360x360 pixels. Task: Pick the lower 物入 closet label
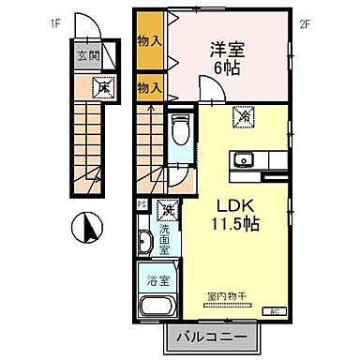[149, 87]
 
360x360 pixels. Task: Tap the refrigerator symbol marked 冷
[243, 118]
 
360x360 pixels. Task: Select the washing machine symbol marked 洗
[169, 208]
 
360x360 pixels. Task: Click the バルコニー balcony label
[209, 337]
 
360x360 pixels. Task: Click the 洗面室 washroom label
[164, 239]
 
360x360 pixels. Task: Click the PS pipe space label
[142, 203]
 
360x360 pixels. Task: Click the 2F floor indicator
[305, 23]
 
